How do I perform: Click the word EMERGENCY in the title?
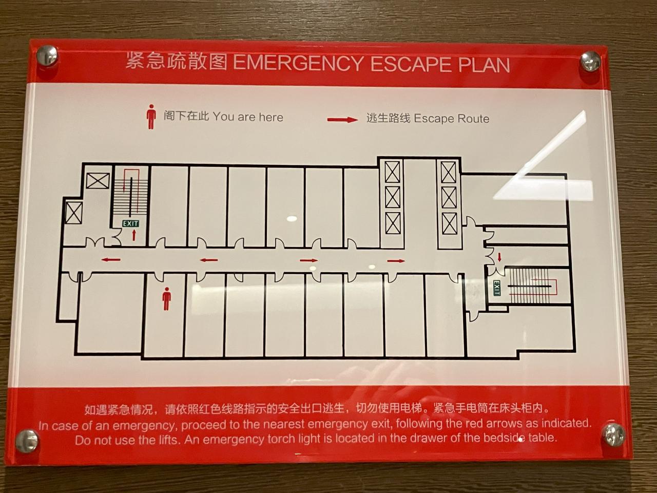click(x=298, y=64)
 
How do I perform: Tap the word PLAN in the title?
click(x=484, y=65)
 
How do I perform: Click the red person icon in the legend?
click(x=151, y=117)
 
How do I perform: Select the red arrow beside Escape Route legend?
click(x=342, y=120)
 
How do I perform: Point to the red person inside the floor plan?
click(x=166, y=298)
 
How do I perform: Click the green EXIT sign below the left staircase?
click(x=130, y=223)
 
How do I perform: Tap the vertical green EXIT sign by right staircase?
click(x=496, y=288)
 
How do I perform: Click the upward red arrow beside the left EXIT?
click(x=134, y=235)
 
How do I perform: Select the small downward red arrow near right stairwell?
click(x=499, y=257)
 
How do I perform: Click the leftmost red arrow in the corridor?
click(x=111, y=260)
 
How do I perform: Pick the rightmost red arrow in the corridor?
click(x=396, y=261)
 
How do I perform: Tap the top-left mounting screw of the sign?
click(x=47, y=56)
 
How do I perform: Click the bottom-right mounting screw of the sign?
click(x=614, y=434)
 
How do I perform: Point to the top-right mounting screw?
click(x=591, y=61)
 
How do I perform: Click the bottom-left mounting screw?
click(x=27, y=441)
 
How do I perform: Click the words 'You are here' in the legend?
click(x=248, y=117)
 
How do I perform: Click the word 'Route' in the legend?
click(x=472, y=119)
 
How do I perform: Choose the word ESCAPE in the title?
click(x=410, y=64)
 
